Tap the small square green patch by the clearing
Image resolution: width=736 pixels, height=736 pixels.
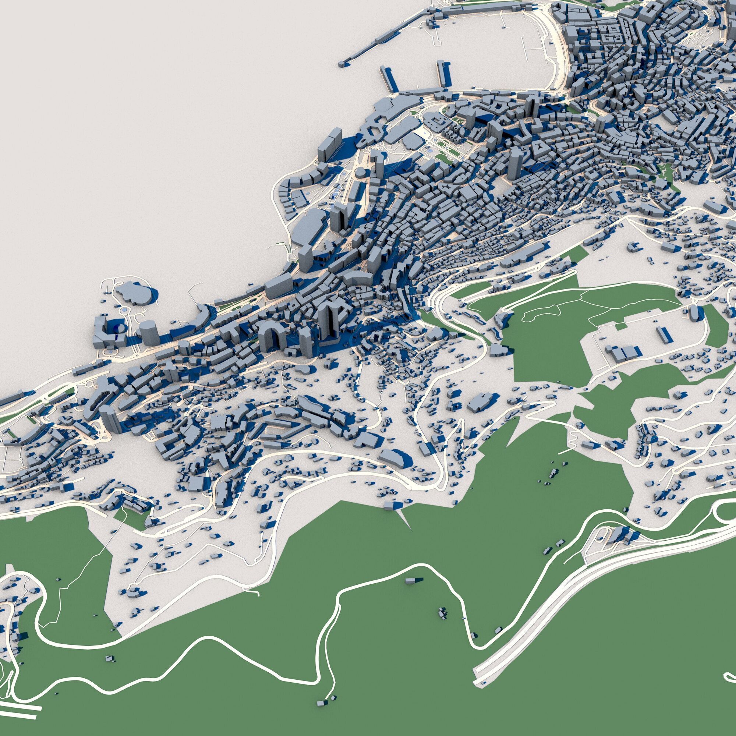coord(621,326)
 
